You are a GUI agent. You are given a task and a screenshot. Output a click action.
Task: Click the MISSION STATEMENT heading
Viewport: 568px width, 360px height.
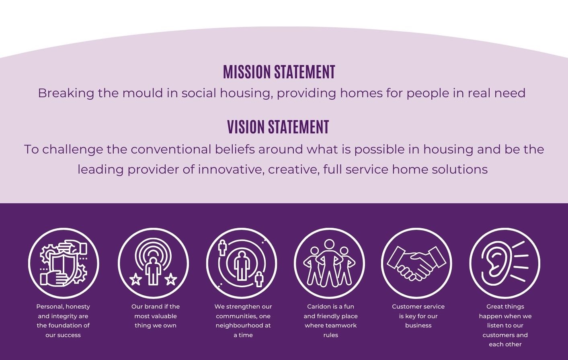(279, 72)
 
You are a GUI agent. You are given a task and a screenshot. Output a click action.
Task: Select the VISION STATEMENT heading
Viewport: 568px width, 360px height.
(278, 127)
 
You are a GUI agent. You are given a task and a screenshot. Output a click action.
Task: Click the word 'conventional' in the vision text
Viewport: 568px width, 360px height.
(171, 149)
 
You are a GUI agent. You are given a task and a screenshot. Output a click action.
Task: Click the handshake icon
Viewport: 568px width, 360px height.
(416, 263)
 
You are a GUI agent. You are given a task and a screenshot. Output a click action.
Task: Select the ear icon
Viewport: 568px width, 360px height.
(504, 263)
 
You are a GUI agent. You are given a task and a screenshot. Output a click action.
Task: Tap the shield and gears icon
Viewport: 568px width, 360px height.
(64, 263)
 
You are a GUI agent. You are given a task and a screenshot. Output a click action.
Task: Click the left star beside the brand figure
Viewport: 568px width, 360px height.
(135, 279)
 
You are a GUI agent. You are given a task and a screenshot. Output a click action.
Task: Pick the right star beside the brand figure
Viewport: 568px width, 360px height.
(171, 279)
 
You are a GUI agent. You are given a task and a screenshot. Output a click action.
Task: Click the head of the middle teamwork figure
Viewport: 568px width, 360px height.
(329, 245)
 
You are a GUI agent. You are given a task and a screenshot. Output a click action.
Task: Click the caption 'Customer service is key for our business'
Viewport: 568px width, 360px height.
(418, 316)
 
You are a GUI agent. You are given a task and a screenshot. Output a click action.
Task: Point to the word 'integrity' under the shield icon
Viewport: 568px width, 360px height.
(63, 316)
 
